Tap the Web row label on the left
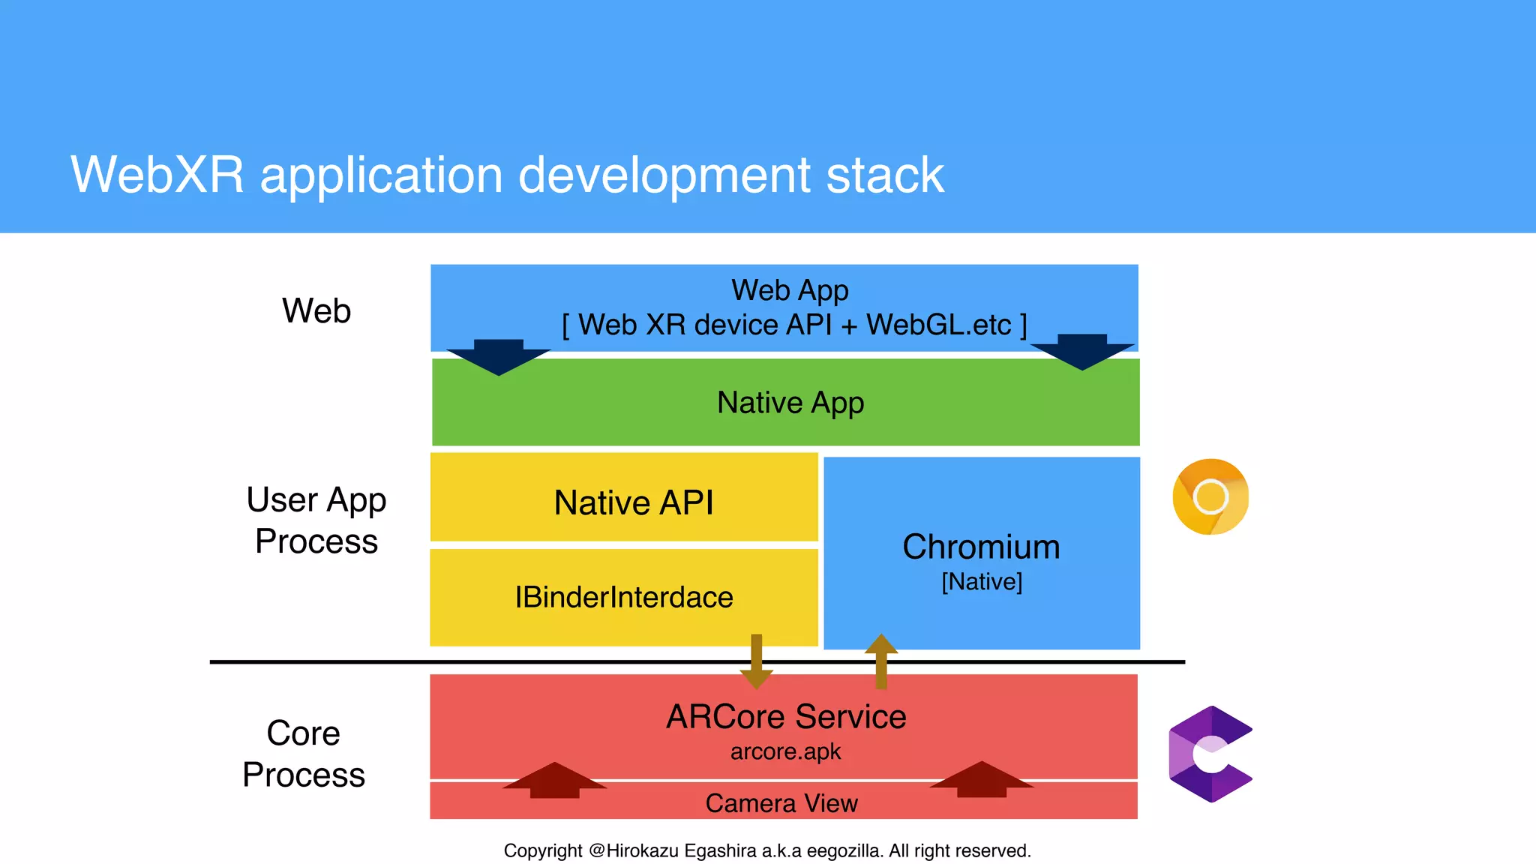pos(316,310)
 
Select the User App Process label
pos(316,520)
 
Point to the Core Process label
pos(304,753)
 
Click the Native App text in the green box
pos(790,403)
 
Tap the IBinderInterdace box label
pos(623,597)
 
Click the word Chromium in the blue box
pos(981,547)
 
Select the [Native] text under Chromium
pos(982,581)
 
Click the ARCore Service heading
pos(786,716)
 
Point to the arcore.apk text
pos(785,751)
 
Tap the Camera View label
pos(781,803)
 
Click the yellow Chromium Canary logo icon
pos(1210,496)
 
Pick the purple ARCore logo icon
pos(1209,754)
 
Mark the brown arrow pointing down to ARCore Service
pos(756,663)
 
